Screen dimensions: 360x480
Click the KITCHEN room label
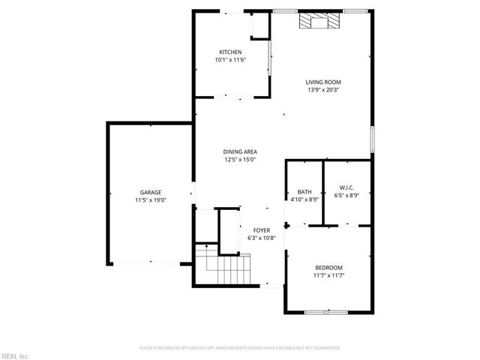230,52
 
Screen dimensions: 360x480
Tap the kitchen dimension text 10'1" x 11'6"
230,60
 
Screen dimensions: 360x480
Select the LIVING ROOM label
323,82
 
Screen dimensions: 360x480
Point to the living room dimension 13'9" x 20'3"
323,90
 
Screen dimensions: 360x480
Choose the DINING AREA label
240,151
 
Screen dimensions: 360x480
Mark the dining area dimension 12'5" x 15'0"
240,160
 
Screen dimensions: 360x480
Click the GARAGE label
150,193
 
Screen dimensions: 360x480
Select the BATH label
304,192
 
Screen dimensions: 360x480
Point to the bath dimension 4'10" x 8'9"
304,199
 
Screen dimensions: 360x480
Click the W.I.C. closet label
346,187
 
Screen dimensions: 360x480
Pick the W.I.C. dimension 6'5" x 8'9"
346,196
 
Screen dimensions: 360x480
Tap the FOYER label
262,230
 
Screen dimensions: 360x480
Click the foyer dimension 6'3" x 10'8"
262,238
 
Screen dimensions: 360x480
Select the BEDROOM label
328,268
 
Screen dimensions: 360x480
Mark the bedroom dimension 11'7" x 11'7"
328,276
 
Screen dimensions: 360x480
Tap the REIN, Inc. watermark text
14,355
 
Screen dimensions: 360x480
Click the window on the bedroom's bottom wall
326,311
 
